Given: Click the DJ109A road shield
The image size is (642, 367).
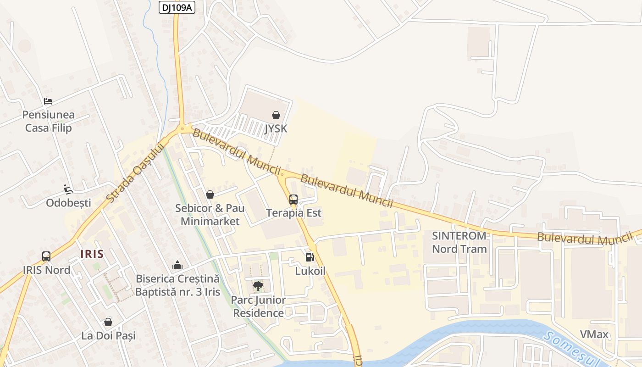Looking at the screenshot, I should [177, 7].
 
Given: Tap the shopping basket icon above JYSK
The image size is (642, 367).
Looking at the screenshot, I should [276, 115].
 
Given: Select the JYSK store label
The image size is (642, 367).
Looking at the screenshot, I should [276, 129].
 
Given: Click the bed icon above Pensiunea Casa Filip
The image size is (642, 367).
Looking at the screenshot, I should [48, 101].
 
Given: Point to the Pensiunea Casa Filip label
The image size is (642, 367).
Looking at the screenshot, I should [49, 121].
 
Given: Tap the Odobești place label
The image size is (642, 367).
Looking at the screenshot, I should [68, 203].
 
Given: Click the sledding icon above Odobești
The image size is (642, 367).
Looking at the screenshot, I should [68, 189].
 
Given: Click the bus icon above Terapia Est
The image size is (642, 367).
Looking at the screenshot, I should [293, 200].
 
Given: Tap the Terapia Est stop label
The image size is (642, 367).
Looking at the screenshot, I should [294, 213].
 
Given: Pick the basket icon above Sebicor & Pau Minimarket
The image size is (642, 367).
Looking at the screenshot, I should [210, 195].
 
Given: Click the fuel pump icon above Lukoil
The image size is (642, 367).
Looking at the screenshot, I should [310, 257].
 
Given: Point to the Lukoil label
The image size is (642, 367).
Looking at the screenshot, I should [310, 271].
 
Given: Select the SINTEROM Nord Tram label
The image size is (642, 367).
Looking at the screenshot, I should [459, 242].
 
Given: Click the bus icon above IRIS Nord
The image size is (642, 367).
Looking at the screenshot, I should [46, 256].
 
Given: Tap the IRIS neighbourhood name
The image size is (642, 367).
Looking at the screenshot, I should [92, 254].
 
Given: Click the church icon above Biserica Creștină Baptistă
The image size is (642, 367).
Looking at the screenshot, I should [177, 265].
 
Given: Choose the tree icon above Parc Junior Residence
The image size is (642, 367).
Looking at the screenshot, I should [258, 286].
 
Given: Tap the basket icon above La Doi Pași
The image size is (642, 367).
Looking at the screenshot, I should [108, 322].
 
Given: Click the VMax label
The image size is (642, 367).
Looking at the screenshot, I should [594, 334].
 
